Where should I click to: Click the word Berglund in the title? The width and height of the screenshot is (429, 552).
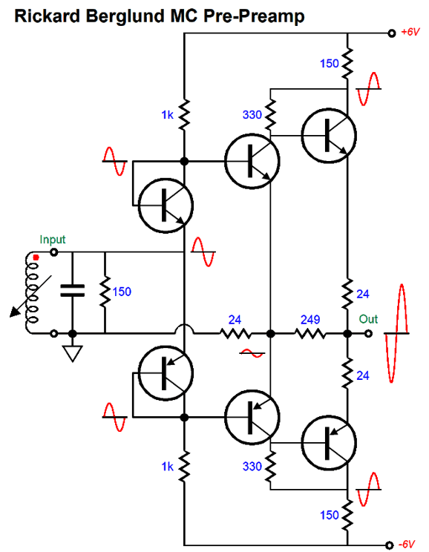click(126, 17)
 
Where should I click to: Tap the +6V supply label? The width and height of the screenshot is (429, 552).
click(410, 32)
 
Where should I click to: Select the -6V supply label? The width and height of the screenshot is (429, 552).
click(407, 545)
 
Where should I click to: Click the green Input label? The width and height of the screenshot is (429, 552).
click(53, 240)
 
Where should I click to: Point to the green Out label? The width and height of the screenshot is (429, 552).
click(368, 319)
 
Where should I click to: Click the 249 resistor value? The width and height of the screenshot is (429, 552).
click(310, 320)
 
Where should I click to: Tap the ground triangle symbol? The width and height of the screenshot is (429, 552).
click(73, 353)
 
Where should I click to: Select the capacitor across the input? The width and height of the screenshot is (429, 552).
click(73, 290)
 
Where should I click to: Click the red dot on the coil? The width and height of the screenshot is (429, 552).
click(36, 257)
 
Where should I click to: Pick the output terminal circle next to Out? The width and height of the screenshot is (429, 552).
click(368, 333)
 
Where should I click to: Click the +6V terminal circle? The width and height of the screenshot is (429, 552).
click(392, 33)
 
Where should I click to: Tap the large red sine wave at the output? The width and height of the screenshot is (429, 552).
click(397, 333)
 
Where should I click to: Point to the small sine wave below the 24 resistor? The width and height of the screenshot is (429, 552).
click(252, 353)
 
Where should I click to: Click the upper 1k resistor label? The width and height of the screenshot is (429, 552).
click(167, 115)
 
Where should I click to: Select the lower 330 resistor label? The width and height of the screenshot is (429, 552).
click(252, 467)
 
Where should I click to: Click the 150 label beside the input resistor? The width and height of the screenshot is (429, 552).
click(122, 292)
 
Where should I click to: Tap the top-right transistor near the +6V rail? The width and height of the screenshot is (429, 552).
click(329, 136)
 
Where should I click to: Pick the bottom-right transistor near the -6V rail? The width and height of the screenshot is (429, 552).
click(329, 443)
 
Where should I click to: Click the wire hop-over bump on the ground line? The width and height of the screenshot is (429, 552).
click(184, 329)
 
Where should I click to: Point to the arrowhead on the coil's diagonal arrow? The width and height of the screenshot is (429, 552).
click(15, 312)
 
